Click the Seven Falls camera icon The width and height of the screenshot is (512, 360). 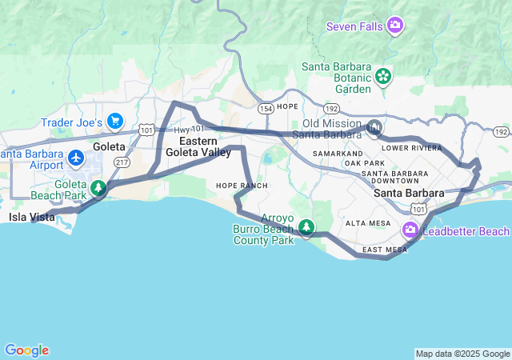click(x=394, y=26)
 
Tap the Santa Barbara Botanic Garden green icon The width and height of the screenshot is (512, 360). click(x=384, y=76)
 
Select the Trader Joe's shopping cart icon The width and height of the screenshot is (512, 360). click(x=116, y=122)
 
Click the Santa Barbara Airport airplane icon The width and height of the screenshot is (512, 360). click(x=77, y=158)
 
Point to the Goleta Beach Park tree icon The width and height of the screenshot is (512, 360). click(x=98, y=189)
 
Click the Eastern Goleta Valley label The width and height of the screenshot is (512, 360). click(x=198, y=146)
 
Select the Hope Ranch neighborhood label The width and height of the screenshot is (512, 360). click(x=242, y=186)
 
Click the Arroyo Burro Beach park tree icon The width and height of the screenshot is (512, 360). click(x=307, y=230)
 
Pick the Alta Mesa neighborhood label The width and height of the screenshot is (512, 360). click(x=368, y=223)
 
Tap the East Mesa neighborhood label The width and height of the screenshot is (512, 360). click(x=385, y=250)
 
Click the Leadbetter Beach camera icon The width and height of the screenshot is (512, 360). click(x=411, y=231)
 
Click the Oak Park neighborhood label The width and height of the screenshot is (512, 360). click(x=364, y=163)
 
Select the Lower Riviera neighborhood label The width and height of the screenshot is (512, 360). click(x=411, y=148)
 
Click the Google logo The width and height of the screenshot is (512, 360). click(x=27, y=350)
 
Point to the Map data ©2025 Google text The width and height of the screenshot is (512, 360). click(x=462, y=354)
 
